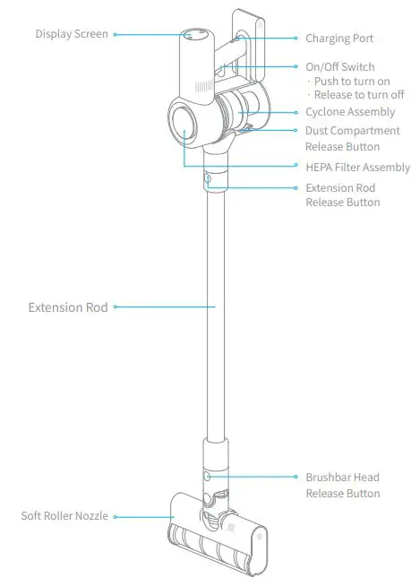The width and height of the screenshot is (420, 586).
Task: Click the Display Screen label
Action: click(72, 34)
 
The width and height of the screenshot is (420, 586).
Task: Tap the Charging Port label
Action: click(339, 39)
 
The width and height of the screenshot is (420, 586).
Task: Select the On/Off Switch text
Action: click(339, 67)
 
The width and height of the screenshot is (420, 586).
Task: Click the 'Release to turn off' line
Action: click(356, 95)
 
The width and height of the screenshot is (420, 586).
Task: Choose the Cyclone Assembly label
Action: click(350, 112)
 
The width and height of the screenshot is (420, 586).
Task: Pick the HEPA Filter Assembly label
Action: click(357, 168)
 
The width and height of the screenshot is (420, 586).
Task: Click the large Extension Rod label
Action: click(68, 307)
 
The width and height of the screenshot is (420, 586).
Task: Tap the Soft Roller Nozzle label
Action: click(64, 516)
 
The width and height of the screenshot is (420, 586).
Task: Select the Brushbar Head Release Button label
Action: click(343, 485)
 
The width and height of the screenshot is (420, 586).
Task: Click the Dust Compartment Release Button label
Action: click(352, 138)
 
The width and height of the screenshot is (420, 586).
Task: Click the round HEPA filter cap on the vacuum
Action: click(184, 125)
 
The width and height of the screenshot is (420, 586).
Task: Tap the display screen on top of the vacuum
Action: click(196, 36)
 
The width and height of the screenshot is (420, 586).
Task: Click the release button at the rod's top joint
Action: click(208, 179)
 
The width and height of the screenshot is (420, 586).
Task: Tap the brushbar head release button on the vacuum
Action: click(208, 477)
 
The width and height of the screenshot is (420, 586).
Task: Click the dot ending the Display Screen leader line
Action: click(115, 34)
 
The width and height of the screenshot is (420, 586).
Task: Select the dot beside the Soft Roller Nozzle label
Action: click(116, 516)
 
